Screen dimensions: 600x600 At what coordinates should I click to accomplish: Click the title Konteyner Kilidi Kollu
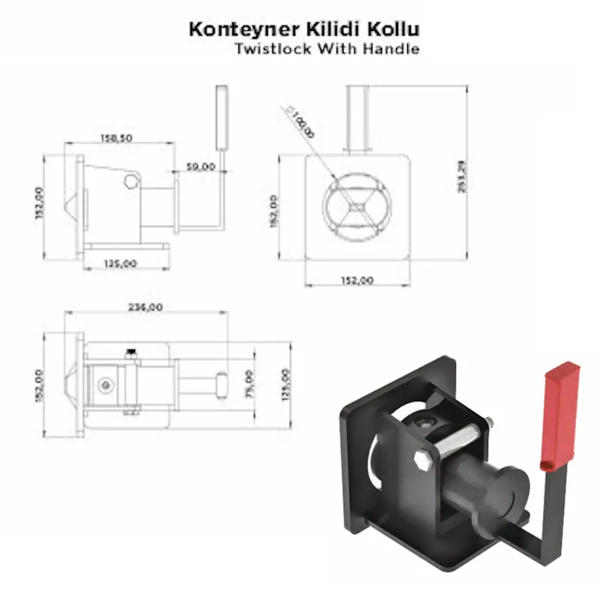[x=302, y=30]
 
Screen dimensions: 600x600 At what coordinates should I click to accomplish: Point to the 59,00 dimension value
[x=201, y=166]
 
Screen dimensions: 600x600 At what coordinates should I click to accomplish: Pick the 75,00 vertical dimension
[x=250, y=382]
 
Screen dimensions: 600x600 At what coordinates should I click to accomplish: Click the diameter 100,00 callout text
[x=301, y=121]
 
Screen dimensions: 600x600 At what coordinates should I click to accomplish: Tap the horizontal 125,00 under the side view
[x=121, y=263]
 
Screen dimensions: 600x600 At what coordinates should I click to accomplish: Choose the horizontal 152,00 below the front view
[x=358, y=280]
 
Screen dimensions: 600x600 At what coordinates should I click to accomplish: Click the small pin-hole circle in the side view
[x=132, y=181]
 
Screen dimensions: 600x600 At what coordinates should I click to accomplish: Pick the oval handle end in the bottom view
[x=223, y=383]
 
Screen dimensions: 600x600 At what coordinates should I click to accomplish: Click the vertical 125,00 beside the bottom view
[x=283, y=385]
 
